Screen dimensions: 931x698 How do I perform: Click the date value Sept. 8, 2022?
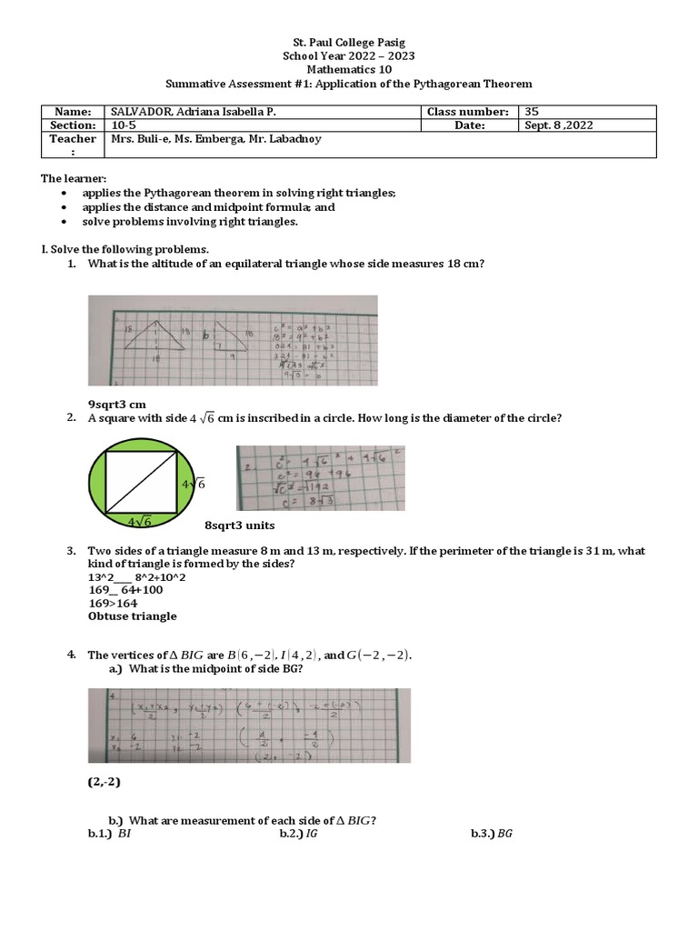tap(558, 125)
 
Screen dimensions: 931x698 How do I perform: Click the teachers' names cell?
tap(215, 139)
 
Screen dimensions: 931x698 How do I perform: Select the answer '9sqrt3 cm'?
tap(116, 404)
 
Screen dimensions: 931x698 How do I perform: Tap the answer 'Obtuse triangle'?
tap(132, 616)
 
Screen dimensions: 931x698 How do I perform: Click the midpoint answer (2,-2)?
tap(105, 781)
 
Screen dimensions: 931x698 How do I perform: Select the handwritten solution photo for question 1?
tap(232, 340)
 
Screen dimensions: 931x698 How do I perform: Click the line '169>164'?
tap(113, 603)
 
